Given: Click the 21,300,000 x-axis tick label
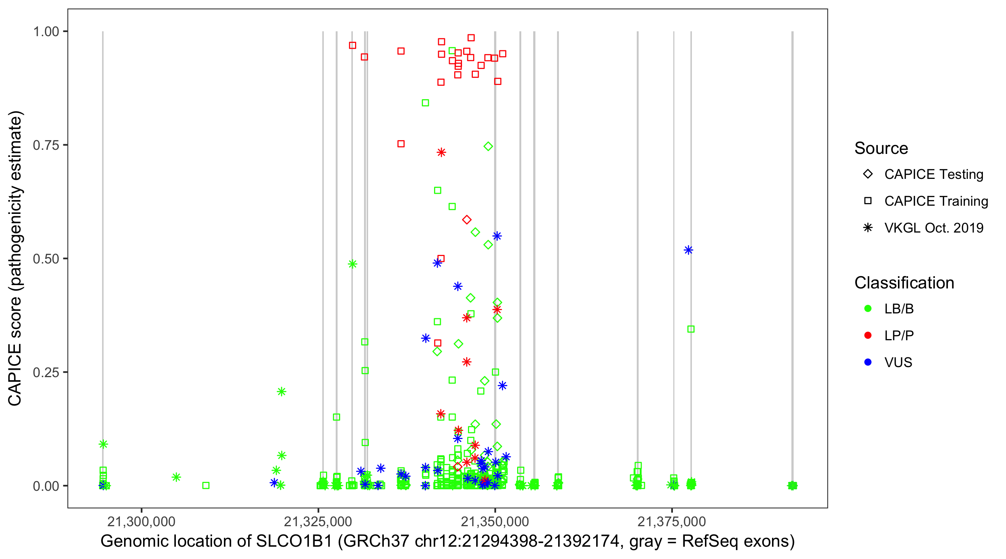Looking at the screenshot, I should (141, 521).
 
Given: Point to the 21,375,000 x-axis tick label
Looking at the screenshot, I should (672, 521).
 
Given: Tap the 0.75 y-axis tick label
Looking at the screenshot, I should (45, 145).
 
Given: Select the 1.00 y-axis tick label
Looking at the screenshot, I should (45, 32).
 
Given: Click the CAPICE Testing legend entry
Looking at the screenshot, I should (933, 174).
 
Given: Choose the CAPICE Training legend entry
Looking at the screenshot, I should (936, 201).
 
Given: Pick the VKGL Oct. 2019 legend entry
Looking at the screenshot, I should (933, 228).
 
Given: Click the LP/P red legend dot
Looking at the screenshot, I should (868, 335).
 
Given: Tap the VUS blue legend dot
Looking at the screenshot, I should (868, 363).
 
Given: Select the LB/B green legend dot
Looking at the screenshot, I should (868, 309).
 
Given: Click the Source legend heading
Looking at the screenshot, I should (881, 148).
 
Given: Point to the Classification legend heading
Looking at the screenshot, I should (904, 283).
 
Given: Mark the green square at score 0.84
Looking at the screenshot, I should (425, 103).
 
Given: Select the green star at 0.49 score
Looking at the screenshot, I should (352, 264).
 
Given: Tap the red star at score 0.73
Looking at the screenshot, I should (441, 152).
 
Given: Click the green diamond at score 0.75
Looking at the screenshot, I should (488, 146).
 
